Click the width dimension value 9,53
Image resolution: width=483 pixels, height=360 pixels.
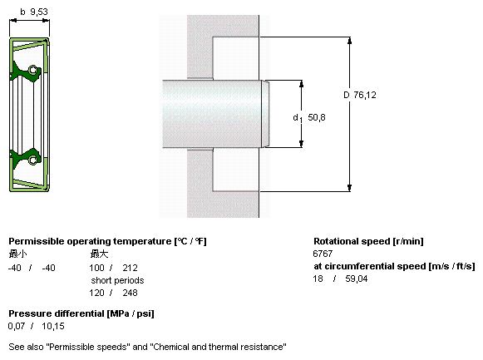pos(39,12)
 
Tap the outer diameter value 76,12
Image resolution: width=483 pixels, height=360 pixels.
pos(365,95)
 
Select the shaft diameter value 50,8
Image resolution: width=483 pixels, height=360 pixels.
pos(317,117)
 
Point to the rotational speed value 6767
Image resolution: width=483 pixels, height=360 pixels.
pos(323,254)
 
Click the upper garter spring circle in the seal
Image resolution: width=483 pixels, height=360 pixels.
pos(33,70)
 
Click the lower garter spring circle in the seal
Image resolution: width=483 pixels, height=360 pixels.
pos(33,160)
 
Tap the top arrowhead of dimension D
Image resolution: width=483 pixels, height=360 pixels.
pos(349,41)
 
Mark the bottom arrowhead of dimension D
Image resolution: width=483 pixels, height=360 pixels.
pos(349,188)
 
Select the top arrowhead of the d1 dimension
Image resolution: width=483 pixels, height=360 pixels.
pos(301,84)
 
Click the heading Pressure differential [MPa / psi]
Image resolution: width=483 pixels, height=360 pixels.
pos(81,313)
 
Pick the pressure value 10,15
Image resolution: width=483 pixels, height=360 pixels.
pos(53,326)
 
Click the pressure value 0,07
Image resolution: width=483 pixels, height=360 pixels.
pos(17,326)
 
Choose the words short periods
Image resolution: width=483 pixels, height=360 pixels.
pos(117,280)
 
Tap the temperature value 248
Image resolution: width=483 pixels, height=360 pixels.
pos(130,293)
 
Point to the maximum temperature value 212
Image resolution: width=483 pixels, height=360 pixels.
pos(130,268)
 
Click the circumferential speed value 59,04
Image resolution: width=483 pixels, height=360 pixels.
pos(357,279)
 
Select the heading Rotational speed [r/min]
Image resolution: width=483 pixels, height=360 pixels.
pos(368,241)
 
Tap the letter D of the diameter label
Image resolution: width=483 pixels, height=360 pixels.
pos(347,95)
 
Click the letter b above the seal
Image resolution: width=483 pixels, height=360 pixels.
pos(22,12)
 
